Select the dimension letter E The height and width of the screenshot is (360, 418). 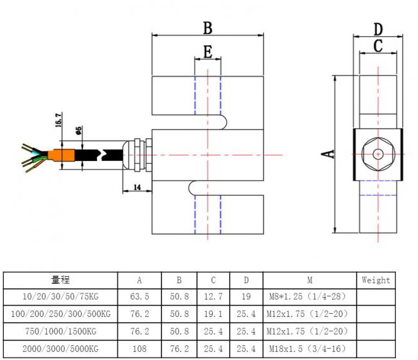click(207, 52)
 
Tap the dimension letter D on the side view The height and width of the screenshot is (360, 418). click(377, 29)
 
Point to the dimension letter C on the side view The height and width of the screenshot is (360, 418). click(377, 46)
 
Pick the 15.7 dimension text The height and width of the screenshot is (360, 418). click(59, 121)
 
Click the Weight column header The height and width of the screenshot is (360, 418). click(376, 280)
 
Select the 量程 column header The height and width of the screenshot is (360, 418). click(60, 280)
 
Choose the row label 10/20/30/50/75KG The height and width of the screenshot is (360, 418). click(60, 297)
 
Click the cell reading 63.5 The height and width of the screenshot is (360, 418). click(139, 297)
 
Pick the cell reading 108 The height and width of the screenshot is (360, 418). click(139, 349)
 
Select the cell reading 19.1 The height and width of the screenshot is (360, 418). click(213, 314)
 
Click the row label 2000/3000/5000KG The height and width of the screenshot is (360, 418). click(60, 349)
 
